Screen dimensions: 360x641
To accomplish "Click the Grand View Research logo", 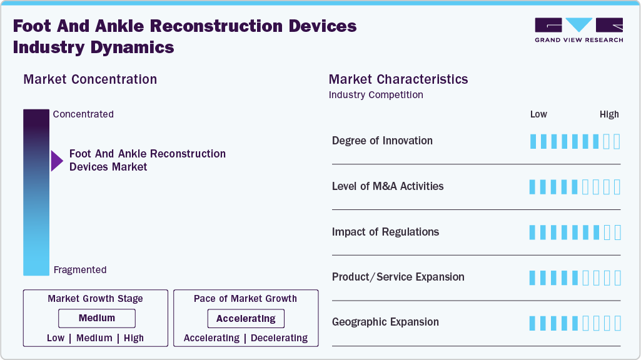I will (x=578, y=29).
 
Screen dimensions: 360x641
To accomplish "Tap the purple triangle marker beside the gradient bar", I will (x=57, y=161).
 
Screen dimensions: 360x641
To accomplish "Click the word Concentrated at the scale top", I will (x=83, y=114).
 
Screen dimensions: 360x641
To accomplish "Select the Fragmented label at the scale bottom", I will (x=80, y=270).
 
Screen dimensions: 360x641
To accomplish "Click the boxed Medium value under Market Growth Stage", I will (x=96, y=318).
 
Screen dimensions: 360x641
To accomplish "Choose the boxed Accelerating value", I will (x=246, y=319).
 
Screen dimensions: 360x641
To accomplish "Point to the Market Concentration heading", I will (x=90, y=79).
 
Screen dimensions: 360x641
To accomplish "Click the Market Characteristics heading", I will (x=398, y=79).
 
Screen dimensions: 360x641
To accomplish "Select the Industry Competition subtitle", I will (x=376, y=95).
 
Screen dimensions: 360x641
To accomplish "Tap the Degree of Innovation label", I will (x=382, y=141).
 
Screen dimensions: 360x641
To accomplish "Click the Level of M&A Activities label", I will (x=388, y=186).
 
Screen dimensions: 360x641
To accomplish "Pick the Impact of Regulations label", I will (x=385, y=232).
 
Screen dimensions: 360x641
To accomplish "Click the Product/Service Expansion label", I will (x=398, y=277).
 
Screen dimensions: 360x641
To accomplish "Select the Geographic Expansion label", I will (x=385, y=322).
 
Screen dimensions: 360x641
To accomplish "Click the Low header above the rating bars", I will (x=538, y=114).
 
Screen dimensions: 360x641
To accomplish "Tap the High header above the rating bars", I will (x=609, y=114).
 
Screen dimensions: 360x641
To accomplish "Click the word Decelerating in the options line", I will (x=278, y=338).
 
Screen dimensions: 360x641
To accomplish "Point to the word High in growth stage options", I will (x=134, y=338).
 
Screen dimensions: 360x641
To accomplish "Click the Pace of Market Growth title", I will (x=245, y=299).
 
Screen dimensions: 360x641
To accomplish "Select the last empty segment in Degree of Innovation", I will (x=617, y=141).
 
